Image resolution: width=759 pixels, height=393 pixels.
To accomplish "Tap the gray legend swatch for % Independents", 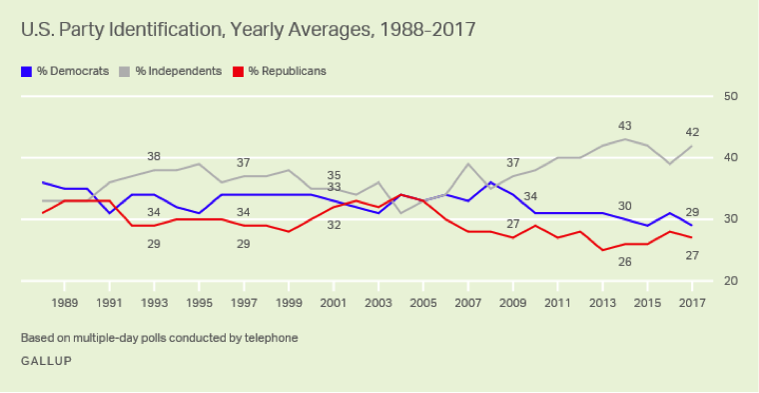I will [125, 71].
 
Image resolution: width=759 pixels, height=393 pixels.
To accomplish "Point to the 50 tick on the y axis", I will [729, 96].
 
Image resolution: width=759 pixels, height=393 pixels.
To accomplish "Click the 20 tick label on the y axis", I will [729, 281].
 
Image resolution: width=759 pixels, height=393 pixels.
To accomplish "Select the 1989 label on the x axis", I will [66, 301].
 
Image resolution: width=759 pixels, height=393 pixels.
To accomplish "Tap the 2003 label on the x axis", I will [378, 301].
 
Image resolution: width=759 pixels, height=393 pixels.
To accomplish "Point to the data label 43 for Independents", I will [625, 126].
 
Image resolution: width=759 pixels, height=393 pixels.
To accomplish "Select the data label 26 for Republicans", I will [625, 262].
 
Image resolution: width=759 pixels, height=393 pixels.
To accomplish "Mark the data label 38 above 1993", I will [154, 156].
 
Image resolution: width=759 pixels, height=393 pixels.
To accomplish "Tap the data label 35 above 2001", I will [334, 174].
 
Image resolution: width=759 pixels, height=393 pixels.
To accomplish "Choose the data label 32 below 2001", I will [334, 225].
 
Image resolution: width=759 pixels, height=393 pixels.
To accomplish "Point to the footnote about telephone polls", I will [159, 338].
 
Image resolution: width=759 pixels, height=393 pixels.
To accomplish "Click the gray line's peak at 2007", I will [467, 164].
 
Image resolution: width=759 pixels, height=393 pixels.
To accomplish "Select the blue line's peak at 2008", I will [489, 182].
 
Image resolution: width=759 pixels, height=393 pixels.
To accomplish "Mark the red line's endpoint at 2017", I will [690, 237].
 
